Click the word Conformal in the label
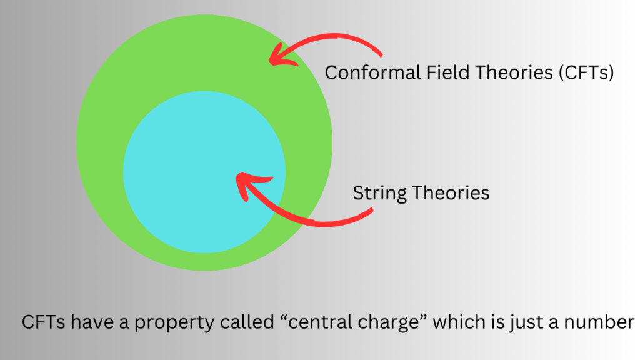point(372,72)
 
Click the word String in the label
point(379,194)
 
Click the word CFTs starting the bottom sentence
point(43,322)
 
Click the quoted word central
point(316,322)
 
